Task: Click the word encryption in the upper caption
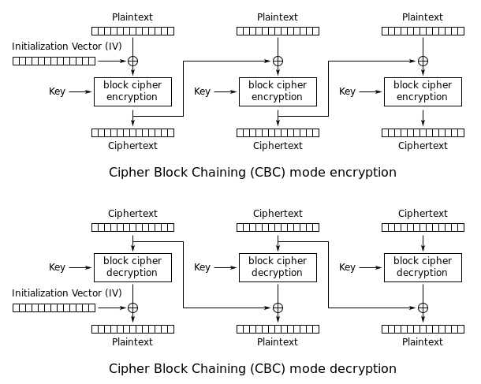coord(365,172)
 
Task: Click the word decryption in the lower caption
coord(365,368)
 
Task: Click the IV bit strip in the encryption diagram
coord(54,61)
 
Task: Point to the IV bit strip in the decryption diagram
coord(54,308)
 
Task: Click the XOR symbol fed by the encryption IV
coord(132,61)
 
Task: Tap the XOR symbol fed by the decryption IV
coord(132,308)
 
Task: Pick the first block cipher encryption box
coord(132,91)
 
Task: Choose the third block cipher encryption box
coord(423,91)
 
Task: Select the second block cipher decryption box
coord(278,267)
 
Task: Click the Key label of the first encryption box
coord(58,91)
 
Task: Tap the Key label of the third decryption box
coord(348,267)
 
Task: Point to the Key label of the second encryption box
coord(203,91)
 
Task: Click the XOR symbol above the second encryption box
coord(278,61)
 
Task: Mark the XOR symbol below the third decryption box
coord(423,308)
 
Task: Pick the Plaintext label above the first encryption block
coord(132,17)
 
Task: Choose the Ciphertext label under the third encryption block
coord(423,145)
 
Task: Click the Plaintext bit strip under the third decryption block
coord(423,329)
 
